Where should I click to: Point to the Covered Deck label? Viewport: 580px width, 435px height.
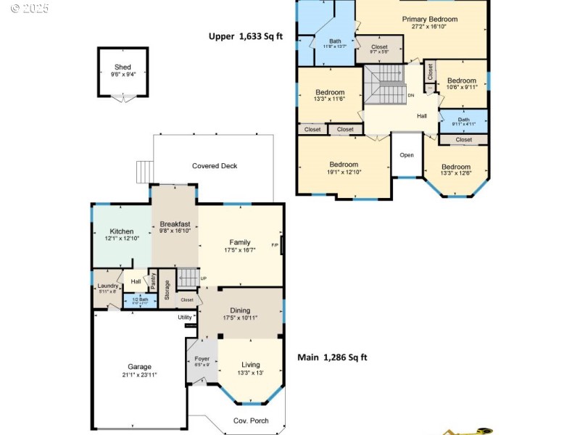[x=215, y=166]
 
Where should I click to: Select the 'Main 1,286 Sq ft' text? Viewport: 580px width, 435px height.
[x=332, y=357]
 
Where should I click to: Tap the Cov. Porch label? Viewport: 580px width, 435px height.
[x=250, y=420]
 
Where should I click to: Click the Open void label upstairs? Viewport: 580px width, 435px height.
[x=407, y=154]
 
